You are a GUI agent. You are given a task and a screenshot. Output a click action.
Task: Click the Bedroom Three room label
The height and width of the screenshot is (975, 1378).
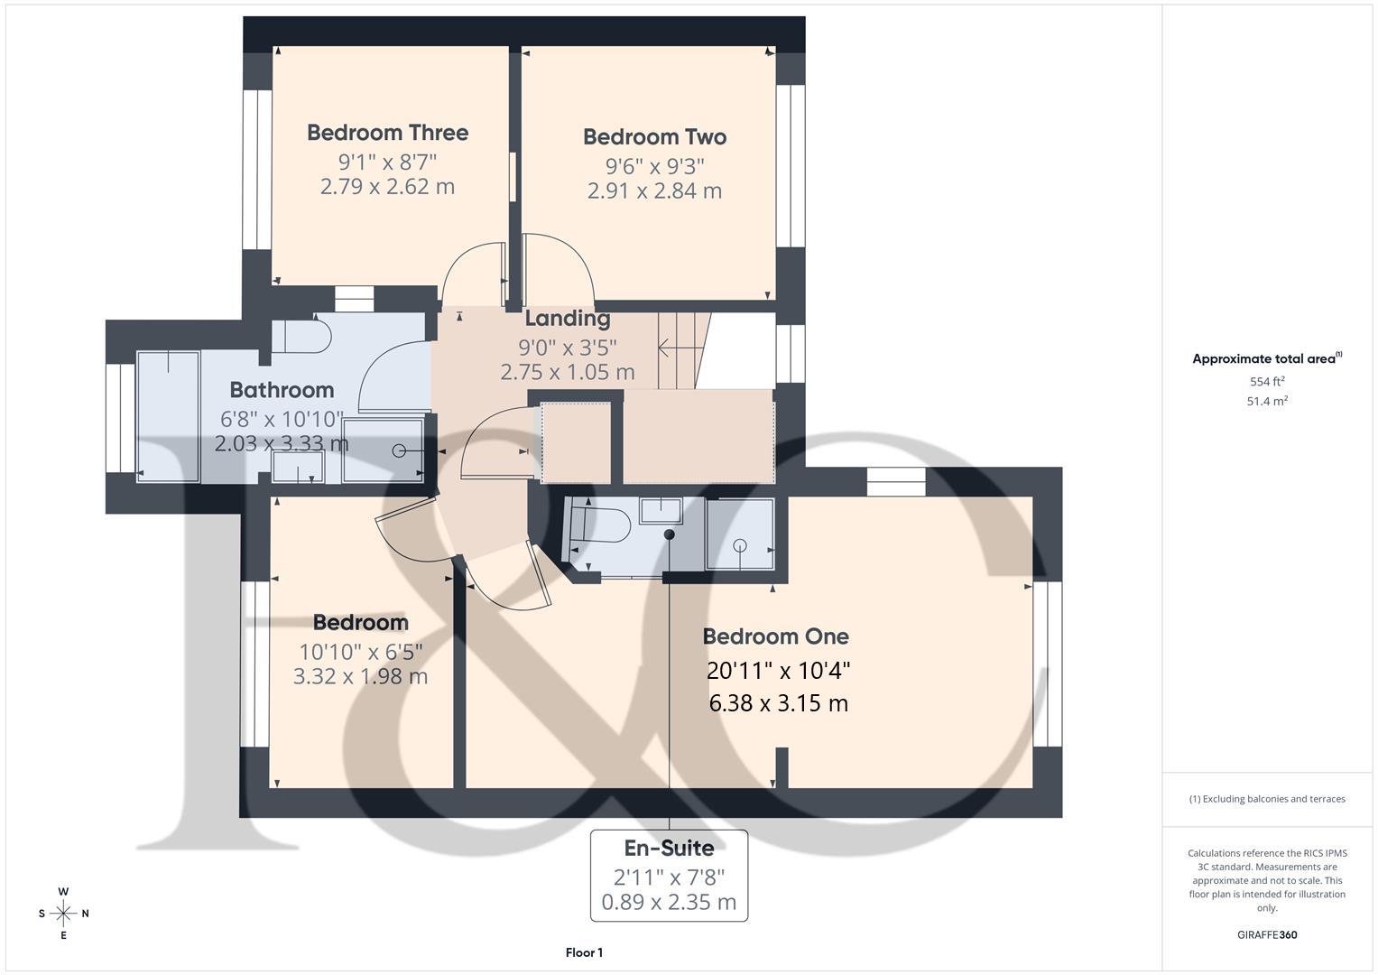(387, 133)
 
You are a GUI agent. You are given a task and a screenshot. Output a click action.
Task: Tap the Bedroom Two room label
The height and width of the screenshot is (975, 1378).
(654, 137)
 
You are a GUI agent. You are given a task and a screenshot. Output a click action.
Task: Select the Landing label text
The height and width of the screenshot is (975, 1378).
(567, 319)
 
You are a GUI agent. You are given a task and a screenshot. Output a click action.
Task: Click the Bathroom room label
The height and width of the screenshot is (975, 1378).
(282, 390)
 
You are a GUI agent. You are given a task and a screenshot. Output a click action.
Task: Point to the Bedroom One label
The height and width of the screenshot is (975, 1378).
(775, 636)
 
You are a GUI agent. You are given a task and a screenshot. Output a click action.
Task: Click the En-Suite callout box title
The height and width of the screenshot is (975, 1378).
(669, 849)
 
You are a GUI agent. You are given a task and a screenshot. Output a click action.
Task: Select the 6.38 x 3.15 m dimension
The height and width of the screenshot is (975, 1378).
(778, 703)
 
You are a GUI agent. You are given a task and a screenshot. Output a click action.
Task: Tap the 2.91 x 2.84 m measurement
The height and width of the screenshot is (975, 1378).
(654, 190)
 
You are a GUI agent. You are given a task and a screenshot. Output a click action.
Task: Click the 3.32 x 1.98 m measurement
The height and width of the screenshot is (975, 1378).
(360, 676)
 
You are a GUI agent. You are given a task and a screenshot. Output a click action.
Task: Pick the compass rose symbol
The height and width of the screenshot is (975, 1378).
(63, 914)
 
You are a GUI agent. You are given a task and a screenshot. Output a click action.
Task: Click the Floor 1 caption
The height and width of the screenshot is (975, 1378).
(584, 952)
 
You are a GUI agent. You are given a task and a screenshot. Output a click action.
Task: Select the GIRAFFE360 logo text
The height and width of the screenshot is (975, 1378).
(1266, 935)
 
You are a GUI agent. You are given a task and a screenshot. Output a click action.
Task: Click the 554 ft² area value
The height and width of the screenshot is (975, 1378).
(1266, 382)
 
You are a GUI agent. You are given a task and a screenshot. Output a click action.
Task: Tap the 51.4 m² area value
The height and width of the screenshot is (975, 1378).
(1266, 402)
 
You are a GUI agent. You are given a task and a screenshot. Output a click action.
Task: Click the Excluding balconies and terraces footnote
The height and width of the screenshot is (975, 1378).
(1266, 799)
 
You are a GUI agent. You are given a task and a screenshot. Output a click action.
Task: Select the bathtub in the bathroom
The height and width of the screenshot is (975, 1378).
(168, 415)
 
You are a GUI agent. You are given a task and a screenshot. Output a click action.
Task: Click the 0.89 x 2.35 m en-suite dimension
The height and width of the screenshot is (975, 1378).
(669, 902)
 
